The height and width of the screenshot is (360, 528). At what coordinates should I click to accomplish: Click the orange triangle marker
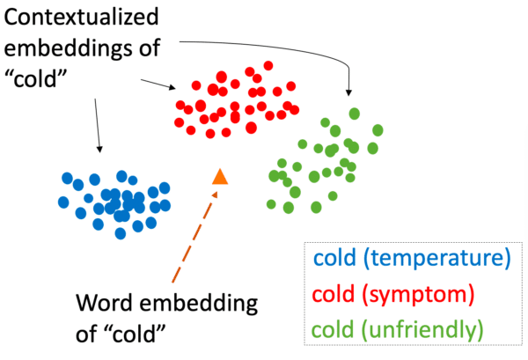tap(220, 177)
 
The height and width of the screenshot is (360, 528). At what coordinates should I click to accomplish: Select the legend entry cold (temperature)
tap(412, 258)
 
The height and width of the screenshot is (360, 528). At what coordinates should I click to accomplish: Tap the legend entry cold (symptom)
tap(393, 294)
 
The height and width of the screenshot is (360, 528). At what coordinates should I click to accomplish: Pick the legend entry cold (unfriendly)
tap(398, 329)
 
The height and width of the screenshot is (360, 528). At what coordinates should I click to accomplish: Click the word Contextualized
tap(81, 17)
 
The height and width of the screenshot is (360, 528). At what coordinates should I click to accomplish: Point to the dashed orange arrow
tap(194, 237)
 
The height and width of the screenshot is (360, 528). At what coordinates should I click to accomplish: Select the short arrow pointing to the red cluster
tap(158, 84)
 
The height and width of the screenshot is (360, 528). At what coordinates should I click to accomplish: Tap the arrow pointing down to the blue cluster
tap(97, 125)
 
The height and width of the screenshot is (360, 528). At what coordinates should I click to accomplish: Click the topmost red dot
tap(268, 65)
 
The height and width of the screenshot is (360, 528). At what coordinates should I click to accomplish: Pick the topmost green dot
tap(355, 114)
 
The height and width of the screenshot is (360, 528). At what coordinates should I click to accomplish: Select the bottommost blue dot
tap(121, 233)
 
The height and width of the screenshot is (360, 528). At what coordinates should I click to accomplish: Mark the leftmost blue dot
tap(63, 202)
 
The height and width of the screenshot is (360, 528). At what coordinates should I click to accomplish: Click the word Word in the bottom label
tap(105, 303)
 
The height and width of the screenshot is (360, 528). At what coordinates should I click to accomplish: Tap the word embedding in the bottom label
tap(199, 303)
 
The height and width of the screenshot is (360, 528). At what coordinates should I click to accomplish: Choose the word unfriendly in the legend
tap(422, 329)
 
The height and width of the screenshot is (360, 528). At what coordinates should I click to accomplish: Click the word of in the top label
tap(150, 48)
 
